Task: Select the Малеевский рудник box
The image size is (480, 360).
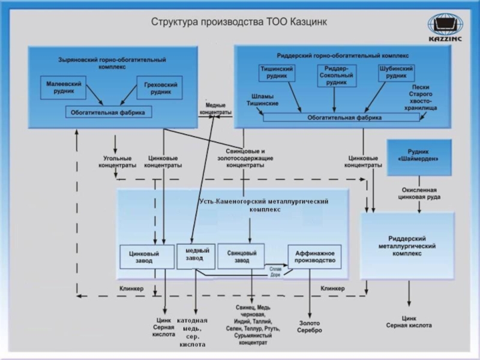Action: click(x=64, y=86)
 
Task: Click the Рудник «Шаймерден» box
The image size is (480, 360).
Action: click(x=418, y=154)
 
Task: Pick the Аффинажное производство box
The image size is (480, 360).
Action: click(x=314, y=257)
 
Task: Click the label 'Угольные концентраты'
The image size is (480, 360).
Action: click(x=118, y=161)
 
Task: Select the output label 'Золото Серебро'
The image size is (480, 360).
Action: click(x=310, y=326)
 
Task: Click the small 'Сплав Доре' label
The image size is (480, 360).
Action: click(x=276, y=272)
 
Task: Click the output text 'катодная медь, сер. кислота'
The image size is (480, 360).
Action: click(x=193, y=332)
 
